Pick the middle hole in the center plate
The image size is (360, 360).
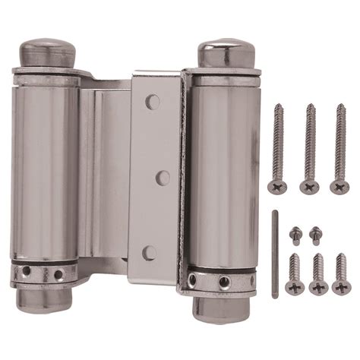tap(160, 176)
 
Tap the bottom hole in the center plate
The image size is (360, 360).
tap(151, 252)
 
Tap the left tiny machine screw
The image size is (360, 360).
tap(295, 234)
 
